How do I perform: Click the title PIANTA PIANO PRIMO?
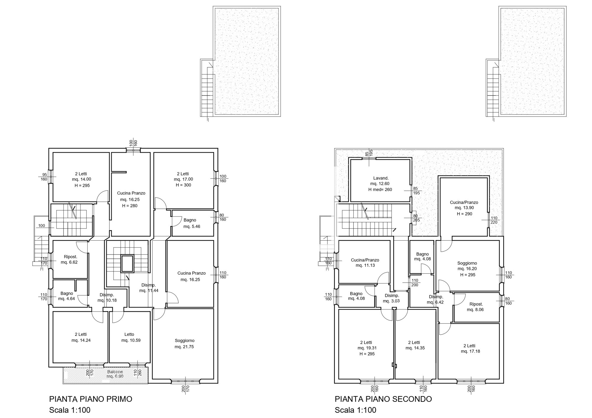tap(91, 399)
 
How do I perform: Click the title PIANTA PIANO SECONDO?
tap(383, 399)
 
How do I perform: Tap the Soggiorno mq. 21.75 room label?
tap(184, 344)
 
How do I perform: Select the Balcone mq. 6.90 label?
tap(115, 374)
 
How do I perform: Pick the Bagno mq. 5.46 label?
tap(192, 223)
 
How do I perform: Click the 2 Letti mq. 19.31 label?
tap(367, 345)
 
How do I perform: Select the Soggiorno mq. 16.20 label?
tap(467, 266)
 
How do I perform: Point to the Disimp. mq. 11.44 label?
tap(149, 288)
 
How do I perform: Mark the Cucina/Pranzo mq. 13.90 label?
tap(464, 205)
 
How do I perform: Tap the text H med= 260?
tap(380, 189)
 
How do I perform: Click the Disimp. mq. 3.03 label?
tap(392, 298)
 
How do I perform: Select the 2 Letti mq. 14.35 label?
tap(415, 345)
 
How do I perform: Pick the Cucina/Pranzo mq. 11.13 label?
tap(365, 263)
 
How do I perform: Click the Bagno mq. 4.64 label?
tap(67, 296)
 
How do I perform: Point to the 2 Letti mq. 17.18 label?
tap(470, 349)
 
